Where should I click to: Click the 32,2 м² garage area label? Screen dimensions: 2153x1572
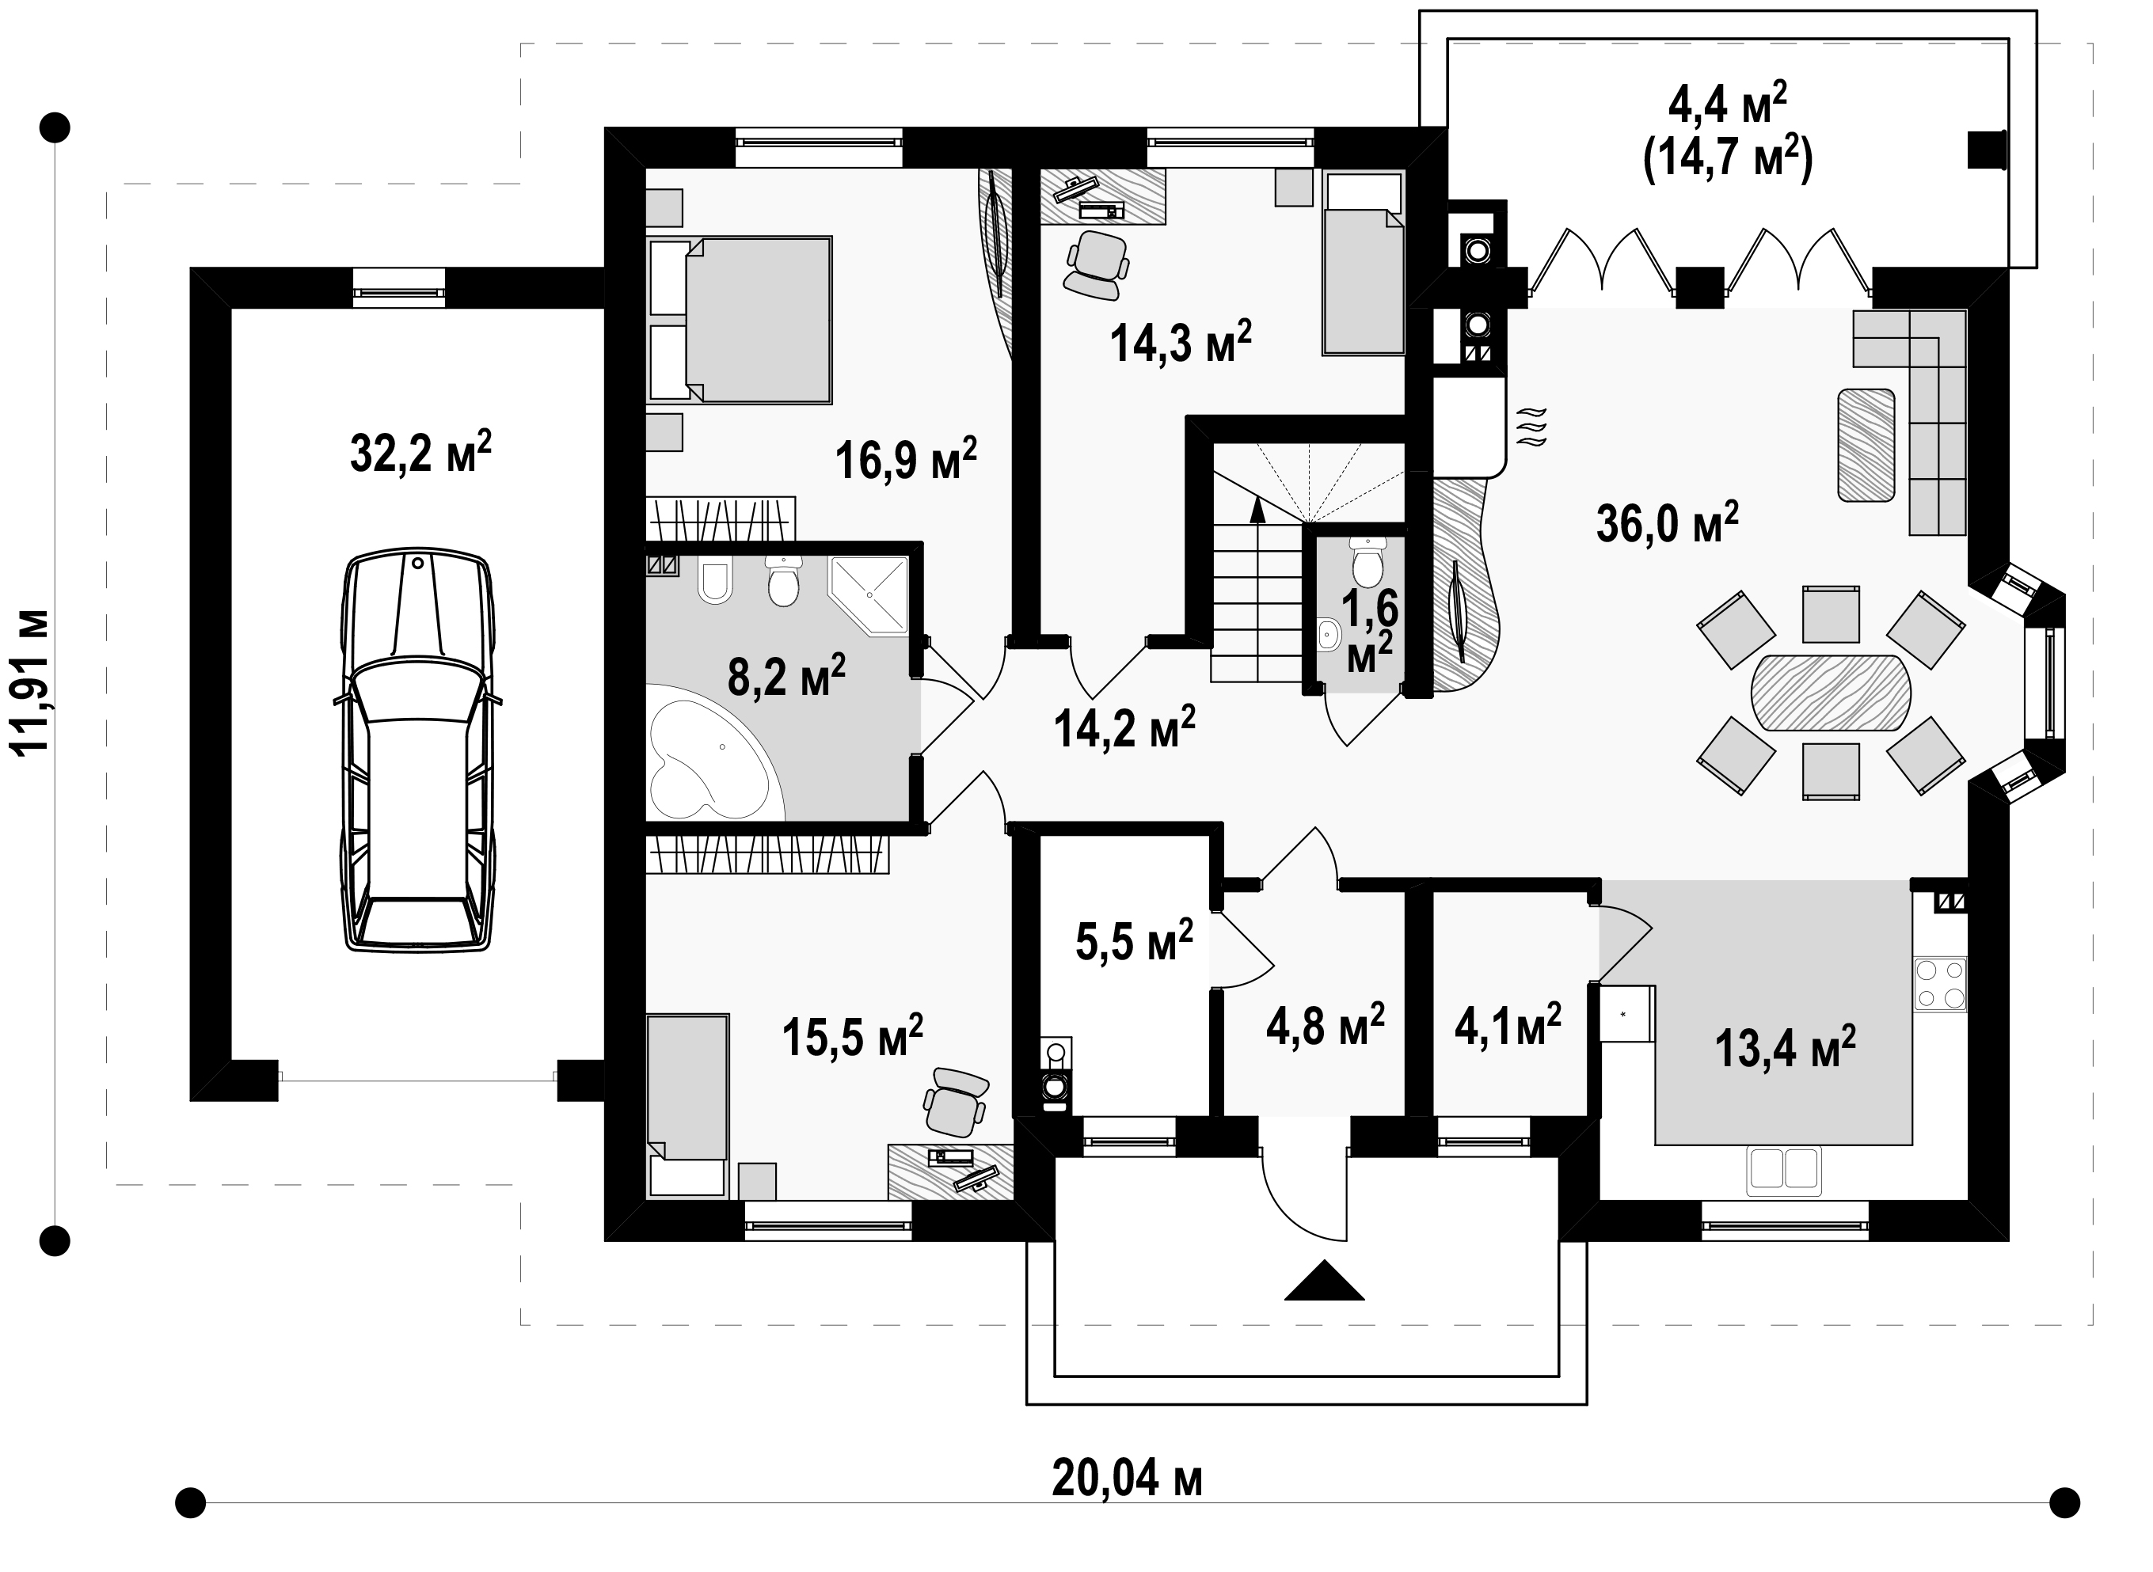click(420, 452)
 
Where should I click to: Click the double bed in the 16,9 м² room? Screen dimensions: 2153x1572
click(740, 320)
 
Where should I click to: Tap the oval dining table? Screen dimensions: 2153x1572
click(1831, 692)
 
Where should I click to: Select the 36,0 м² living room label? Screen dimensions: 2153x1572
click(1667, 522)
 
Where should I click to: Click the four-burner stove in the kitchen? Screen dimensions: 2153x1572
click(1940, 985)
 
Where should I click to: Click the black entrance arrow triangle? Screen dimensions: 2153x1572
click(1324, 1280)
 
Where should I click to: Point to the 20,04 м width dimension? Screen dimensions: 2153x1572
click(1127, 1478)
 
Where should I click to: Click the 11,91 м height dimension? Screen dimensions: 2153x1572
click(29, 682)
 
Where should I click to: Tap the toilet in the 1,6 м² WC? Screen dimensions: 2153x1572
click(1367, 562)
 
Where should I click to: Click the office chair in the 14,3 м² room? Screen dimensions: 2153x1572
click(1097, 264)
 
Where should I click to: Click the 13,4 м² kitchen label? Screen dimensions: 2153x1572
click(1785, 1048)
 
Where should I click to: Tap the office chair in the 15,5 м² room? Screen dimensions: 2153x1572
click(956, 1102)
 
